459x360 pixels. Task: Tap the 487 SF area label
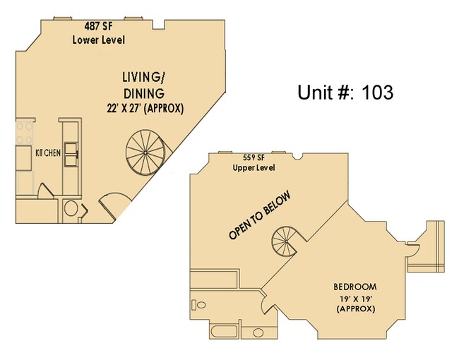[x=99, y=27]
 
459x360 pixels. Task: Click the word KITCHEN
[x=48, y=152]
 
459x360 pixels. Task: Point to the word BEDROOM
[x=355, y=287]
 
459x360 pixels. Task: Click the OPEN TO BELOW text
[x=259, y=215]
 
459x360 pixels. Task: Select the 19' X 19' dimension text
[x=355, y=299]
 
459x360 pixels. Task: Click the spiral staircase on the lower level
[x=145, y=150]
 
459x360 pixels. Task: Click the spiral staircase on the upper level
[x=288, y=241]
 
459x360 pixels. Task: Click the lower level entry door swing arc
[x=112, y=205]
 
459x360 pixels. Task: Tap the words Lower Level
[x=99, y=40]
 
